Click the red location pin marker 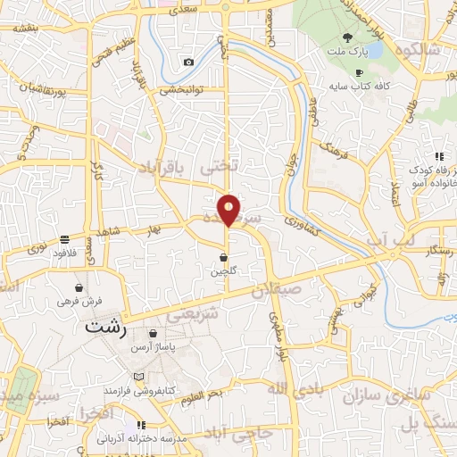(229, 210)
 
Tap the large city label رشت (106, 327)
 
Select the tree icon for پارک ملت (347, 37)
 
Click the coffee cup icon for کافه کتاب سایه (359, 72)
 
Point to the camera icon (188, 62)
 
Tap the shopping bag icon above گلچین (223, 258)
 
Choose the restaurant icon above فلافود (65, 239)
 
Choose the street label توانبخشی (183, 89)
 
